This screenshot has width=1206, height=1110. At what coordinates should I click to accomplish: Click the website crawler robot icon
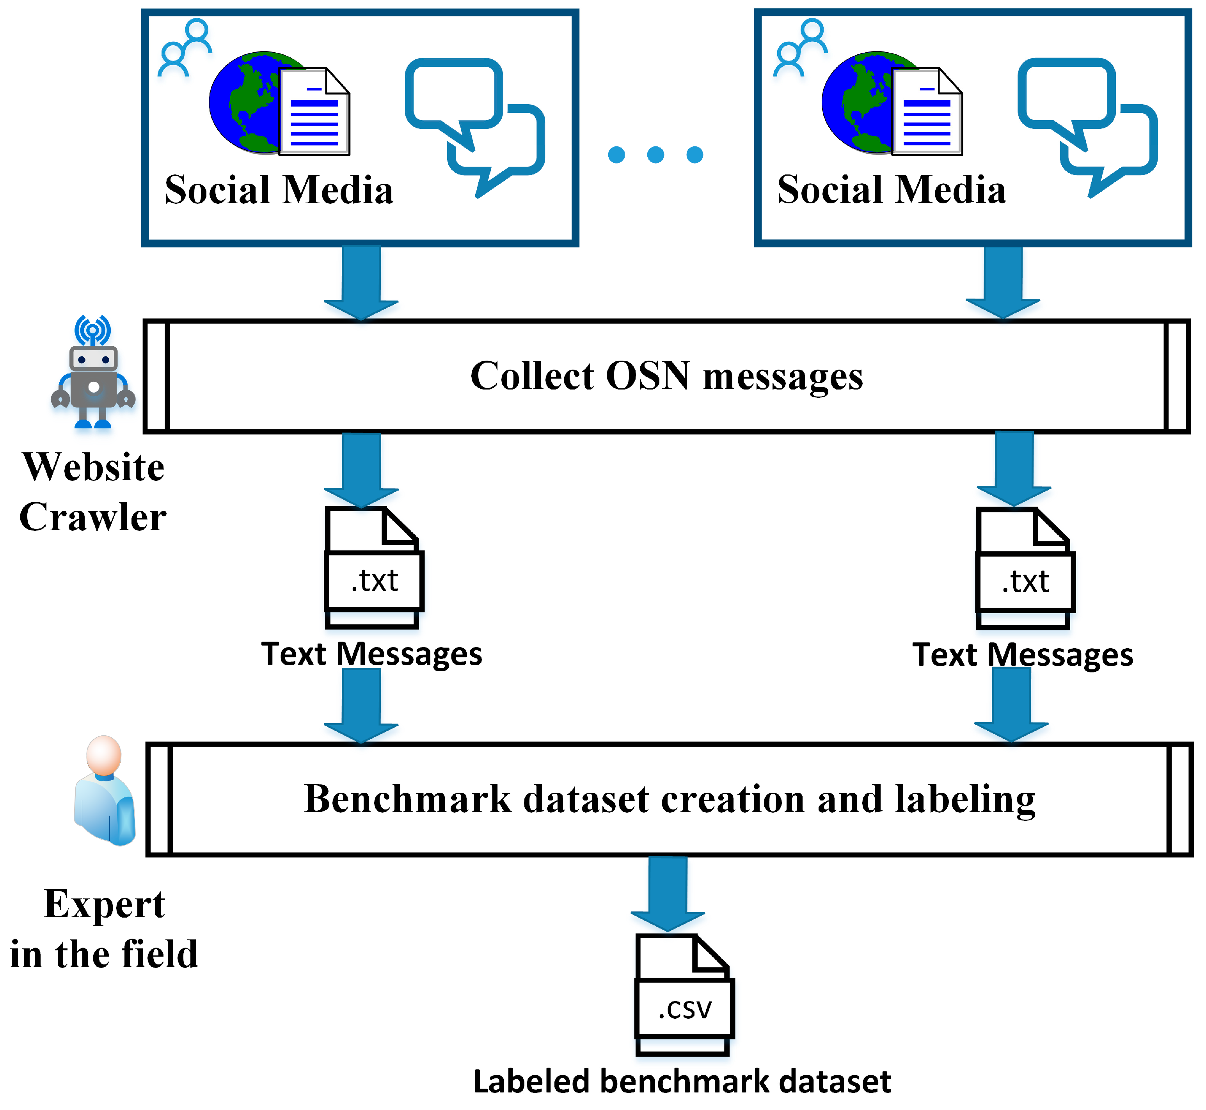point(93,372)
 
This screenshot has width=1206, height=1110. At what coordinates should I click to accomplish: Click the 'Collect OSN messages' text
point(666,377)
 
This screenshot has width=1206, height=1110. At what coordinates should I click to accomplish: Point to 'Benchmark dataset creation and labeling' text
point(670,799)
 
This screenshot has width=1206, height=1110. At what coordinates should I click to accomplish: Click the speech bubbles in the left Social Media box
point(474,123)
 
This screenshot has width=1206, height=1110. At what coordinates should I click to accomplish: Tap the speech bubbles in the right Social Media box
point(1087,123)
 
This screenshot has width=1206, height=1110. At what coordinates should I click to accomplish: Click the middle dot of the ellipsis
point(655,155)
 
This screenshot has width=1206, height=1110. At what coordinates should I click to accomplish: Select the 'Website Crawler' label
point(93,492)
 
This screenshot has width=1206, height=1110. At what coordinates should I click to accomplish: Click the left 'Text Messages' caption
point(371,653)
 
